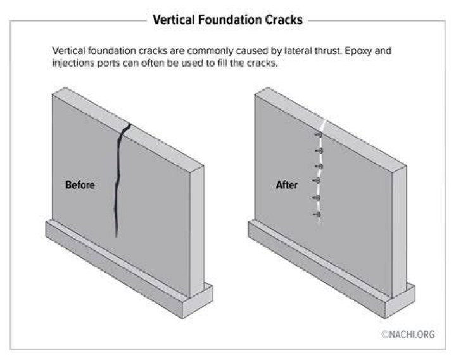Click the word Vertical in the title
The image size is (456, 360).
point(174,20)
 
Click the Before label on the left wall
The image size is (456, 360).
point(80,185)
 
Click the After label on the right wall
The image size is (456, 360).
point(287,185)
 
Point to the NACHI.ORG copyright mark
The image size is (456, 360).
point(408,335)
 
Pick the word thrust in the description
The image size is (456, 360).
point(327,51)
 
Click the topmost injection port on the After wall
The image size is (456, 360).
point(319,135)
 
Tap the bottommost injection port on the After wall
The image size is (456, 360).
point(317,215)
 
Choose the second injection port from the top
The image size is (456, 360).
point(319,151)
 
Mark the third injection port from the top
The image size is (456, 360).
point(319,167)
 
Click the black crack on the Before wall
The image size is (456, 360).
point(118,181)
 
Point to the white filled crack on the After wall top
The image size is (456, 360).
point(323,125)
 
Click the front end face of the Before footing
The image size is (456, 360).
point(197,301)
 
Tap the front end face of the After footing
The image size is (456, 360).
point(400,301)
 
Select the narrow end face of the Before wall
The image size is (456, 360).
point(197,231)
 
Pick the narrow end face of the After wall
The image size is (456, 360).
point(399,231)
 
